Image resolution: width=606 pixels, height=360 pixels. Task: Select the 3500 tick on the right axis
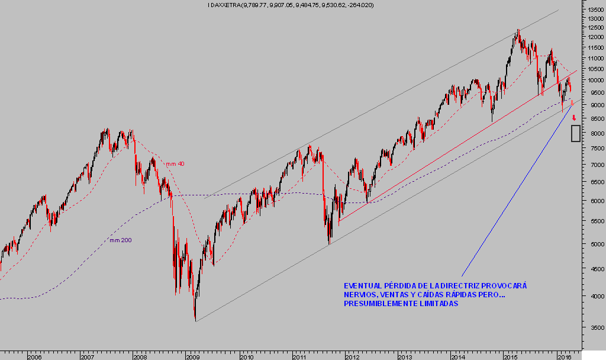[x=593, y=327]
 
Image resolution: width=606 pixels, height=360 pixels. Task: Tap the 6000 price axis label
[x=593, y=201]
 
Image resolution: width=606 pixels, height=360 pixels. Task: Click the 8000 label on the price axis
[x=593, y=134]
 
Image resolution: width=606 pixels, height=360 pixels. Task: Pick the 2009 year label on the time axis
[x=192, y=357]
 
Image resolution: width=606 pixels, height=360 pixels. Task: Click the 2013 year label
[x=404, y=357]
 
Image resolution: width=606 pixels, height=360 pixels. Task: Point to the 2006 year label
[x=34, y=357]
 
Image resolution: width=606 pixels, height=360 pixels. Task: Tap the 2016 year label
[x=564, y=357]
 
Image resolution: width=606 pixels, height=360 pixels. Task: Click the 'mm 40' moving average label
[x=174, y=164]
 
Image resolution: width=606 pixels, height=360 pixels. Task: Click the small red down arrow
[x=574, y=118]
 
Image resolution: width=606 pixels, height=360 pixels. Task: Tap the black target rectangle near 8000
[x=575, y=133]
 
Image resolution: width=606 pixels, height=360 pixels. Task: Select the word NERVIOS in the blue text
[x=360, y=295]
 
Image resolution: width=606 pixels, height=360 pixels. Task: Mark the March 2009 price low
[x=195, y=320]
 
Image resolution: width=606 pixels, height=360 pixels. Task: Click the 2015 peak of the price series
[x=518, y=30]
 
